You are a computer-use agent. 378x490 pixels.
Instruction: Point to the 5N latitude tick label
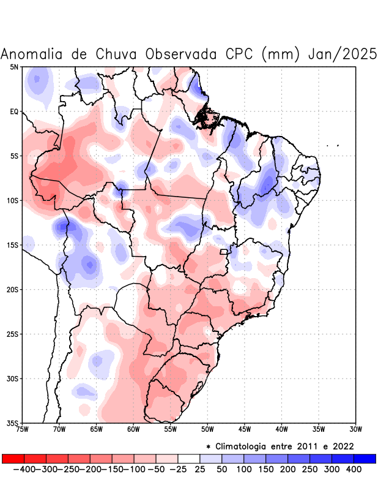[x=14, y=67]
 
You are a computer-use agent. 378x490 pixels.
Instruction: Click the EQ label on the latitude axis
[x=14, y=111]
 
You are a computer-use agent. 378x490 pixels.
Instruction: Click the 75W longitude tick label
[x=23, y=429]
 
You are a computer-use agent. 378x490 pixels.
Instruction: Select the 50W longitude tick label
[x=207, y=429]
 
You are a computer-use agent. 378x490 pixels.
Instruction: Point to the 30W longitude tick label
[x=355, y=429]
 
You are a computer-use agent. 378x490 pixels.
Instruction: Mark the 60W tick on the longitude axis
[x=133, y=429]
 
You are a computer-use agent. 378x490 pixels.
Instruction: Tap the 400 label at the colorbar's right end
[x=354, y=469]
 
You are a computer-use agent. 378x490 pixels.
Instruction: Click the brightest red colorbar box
[x=13, y=458]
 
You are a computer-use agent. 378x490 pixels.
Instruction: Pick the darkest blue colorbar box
[x=365, y=458]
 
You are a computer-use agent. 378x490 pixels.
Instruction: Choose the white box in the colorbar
[x=188, y=458]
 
